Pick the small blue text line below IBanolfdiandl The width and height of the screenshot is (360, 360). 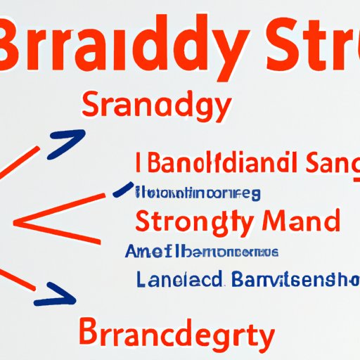pos(197,192)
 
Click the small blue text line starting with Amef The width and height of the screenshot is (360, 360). pos(201,251)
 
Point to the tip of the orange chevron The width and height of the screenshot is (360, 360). pos(15,226)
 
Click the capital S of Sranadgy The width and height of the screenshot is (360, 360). pos(92,107)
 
